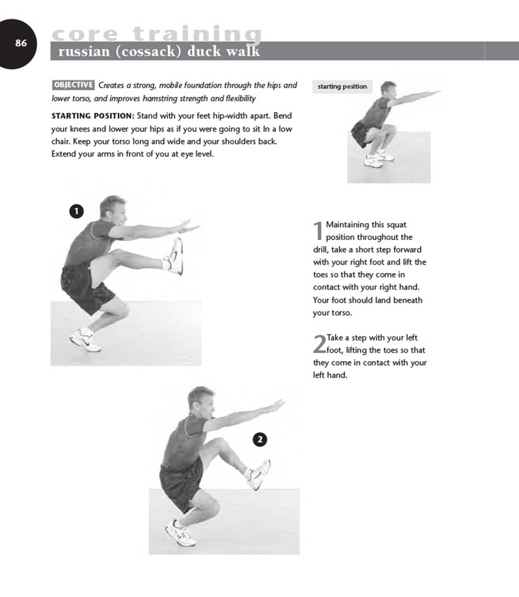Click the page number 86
(21, 43)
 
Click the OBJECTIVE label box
(73, 85)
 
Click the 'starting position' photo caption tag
(342, 87)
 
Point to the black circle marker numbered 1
(76, 212)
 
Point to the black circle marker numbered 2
(260, 440)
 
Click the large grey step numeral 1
(318, 231)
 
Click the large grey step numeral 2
(319, 344)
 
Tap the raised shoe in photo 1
(175, 256)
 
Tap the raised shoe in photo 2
(259, 475)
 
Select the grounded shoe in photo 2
(180, 534)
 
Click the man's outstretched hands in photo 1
(186, 225)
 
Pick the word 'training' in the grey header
(197, 34)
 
